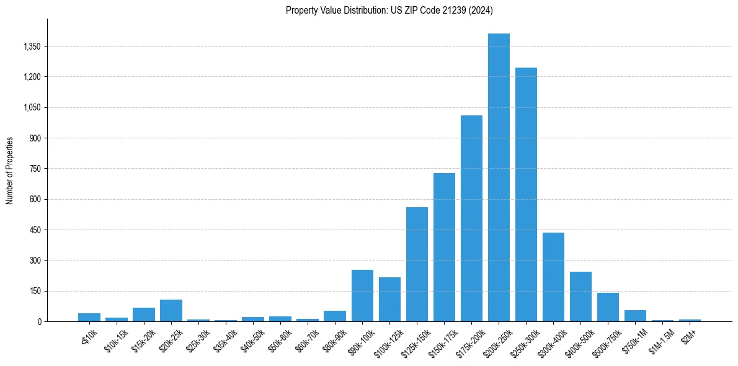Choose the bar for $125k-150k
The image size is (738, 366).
[417, 264]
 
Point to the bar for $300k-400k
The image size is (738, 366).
[553, 277]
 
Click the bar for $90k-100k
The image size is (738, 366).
[362, 295]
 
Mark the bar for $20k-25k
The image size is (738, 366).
[171, 310]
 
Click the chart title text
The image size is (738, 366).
[389, 10]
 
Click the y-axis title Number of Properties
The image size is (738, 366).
[10, 171]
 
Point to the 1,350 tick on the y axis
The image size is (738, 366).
[31, 47]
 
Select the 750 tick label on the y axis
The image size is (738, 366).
[35, 169]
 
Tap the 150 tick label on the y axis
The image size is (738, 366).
[35, 291]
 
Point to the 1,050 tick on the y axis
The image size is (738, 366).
[31, 107]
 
